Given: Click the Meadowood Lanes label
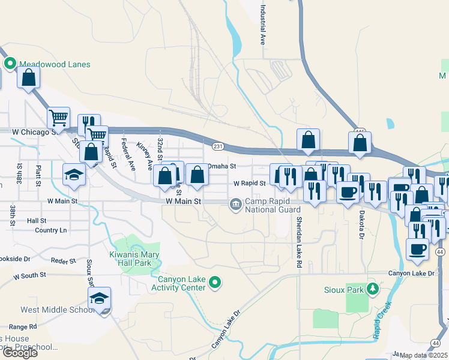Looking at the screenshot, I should (x=55, y=64).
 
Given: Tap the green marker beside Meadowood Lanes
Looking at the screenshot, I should (x=10, y=63).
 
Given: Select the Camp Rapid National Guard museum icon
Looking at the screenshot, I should (x=235, y=205).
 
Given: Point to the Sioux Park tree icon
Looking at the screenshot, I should (x=373, y=290).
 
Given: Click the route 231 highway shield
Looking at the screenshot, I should (x=218, y=146).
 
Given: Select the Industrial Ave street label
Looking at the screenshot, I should (x=262, y=26).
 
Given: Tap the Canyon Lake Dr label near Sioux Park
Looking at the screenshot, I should (x=411, y=274).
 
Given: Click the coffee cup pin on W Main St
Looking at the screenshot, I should (x=348, y=192).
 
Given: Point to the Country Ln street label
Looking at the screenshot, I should (x=50, y=230).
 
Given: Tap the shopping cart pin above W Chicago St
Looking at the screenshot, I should (x=58, y=117).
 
